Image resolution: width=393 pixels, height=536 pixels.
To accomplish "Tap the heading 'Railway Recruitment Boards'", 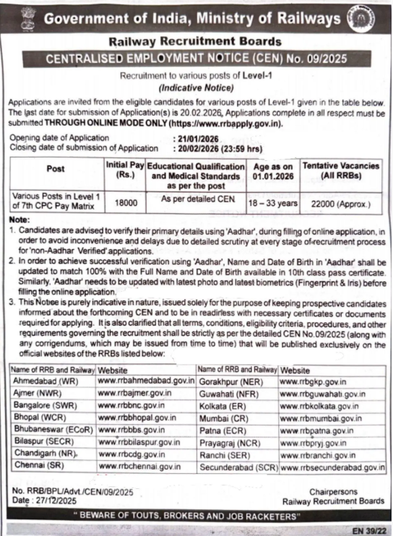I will [x=196, y=43].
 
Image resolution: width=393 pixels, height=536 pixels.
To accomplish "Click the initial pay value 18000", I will [x=126, y=204].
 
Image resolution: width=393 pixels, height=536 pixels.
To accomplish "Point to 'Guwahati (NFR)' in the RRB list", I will [x=229, y=392].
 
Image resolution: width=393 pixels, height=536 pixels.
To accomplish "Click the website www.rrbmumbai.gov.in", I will [x=320, y=418].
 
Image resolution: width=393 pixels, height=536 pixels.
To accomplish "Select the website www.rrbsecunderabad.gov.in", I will [x=332, y=467].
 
